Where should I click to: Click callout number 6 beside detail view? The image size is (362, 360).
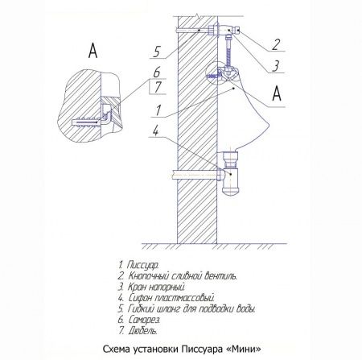pos(148,71)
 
